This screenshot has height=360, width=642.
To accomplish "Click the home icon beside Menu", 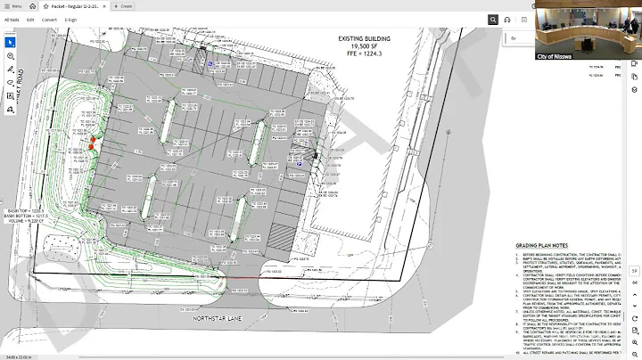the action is pyautogui.click(x=32, y=5).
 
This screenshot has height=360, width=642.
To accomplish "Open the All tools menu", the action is pyautogui.click(x=12, y=19).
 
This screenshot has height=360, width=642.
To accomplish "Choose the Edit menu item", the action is pyautogui.click(x=30, y=19).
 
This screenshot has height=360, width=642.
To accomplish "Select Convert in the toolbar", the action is pyautogui.click(x=49, y=19).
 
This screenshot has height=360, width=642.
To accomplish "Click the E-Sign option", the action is pyautogui.click(x=70, y=19).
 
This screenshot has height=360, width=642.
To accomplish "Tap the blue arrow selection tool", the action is pyautogui.click(x=11, y=42).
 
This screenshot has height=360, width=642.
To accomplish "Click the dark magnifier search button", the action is pyautogui.click(x=493, y=19).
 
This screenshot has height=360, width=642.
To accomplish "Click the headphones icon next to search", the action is pyautogui.click(x=507, y=19).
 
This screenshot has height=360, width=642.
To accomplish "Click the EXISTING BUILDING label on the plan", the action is pyautogui.click(x=364, y=40).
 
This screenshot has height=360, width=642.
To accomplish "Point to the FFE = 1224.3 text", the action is pyautogui.click(x=364, y=55).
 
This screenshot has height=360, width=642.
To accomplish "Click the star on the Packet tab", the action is pyautogui.click(x=45, y=5).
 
